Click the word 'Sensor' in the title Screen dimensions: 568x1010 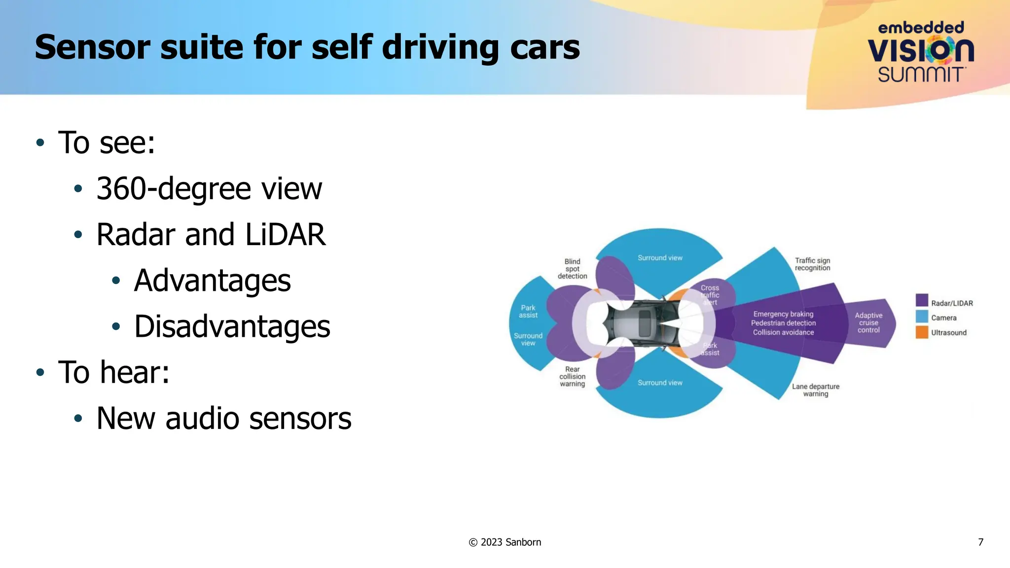tap(92, 48)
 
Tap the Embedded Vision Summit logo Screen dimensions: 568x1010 tap(920, 52)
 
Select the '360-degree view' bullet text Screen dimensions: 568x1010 tap(209, 188)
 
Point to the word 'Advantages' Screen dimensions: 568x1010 tap(212, 281)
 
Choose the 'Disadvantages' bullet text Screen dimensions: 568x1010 tap(232, 326)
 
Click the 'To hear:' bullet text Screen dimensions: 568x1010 tap(114, 372)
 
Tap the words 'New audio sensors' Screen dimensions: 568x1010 tap(223, 418)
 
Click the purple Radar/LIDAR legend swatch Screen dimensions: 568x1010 tap(922, 300)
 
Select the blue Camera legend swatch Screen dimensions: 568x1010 tap(922, 317)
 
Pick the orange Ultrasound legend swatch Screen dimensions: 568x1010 tap(922, 332)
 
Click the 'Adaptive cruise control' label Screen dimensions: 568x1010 tap(868, 323)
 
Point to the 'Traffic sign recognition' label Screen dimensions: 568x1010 tap(812, 264)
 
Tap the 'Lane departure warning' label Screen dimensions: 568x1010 tap(815, 390)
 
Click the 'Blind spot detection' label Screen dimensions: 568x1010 tap(572, 269)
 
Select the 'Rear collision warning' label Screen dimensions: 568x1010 tap(572, 376)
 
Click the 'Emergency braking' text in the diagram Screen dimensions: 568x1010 tap(783, 314)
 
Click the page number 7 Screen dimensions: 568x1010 tap(980, 542)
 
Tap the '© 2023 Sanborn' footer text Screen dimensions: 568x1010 tap(505, 542)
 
